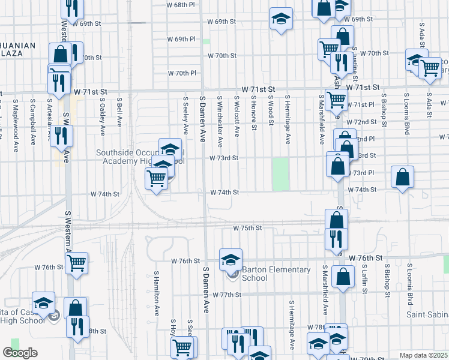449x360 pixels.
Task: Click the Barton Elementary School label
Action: (x=276, y=274)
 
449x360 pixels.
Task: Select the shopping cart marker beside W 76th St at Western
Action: (x=77, y=262)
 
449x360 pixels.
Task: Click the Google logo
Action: (x=20, y=353)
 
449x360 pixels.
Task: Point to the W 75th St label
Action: (x=247, y=228)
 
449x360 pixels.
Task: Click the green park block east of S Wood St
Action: (x=280, y=174)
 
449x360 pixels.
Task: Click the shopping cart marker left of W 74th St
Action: (x=156, y=178)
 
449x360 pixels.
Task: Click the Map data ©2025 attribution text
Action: (x=424, y=355)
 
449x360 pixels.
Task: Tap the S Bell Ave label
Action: (x=119, y=112)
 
